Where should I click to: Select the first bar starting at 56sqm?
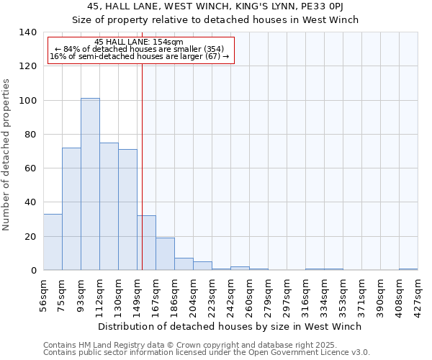click(53, 242)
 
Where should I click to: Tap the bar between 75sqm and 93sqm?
click(71, 209)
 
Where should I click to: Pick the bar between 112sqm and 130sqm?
click(109, 207)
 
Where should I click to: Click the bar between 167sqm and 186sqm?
click(165, 254)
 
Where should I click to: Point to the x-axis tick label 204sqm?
click(193, 294)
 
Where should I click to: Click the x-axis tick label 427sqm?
click(418, 294)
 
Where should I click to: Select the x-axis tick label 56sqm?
click(43, 294)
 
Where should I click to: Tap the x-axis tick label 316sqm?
click(305, 294)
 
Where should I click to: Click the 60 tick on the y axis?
click(30, 168)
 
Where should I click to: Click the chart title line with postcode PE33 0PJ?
click(215, 6)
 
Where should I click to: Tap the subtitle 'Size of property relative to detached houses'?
click(215, 19)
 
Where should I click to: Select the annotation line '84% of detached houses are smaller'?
click(140, 49)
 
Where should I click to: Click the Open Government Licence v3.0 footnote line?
click(207, 353)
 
